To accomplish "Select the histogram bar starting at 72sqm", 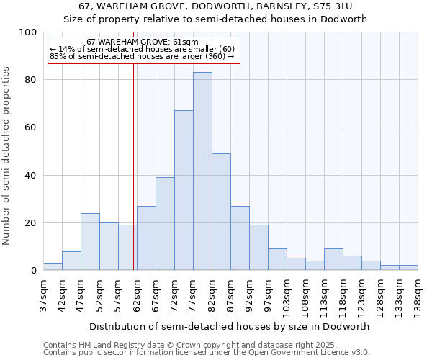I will (x=184, y=191).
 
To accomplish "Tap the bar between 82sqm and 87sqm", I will (x=221, y=212).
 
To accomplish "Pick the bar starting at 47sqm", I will (x=90, y=242).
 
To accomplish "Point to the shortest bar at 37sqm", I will (x=53, y=266).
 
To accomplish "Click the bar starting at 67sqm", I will (x=165, y=224).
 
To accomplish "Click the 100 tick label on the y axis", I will (x=28, y=32).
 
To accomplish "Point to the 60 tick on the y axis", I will (x=30, y=127).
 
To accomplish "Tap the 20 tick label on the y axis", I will (x=30, y=223).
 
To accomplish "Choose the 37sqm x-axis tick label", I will (x=43, y=294).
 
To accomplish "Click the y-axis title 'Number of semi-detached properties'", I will (x=6, y=156).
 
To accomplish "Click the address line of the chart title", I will (x=216, y=6).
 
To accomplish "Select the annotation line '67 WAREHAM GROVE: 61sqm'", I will (x=142, y=42).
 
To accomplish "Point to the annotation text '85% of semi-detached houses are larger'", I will (x=142, y=56).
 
